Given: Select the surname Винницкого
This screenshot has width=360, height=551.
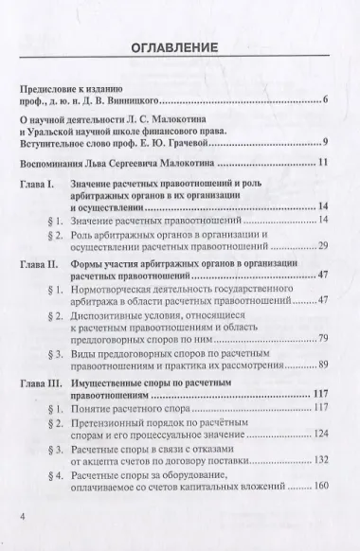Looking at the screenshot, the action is [x=140, y=99].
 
